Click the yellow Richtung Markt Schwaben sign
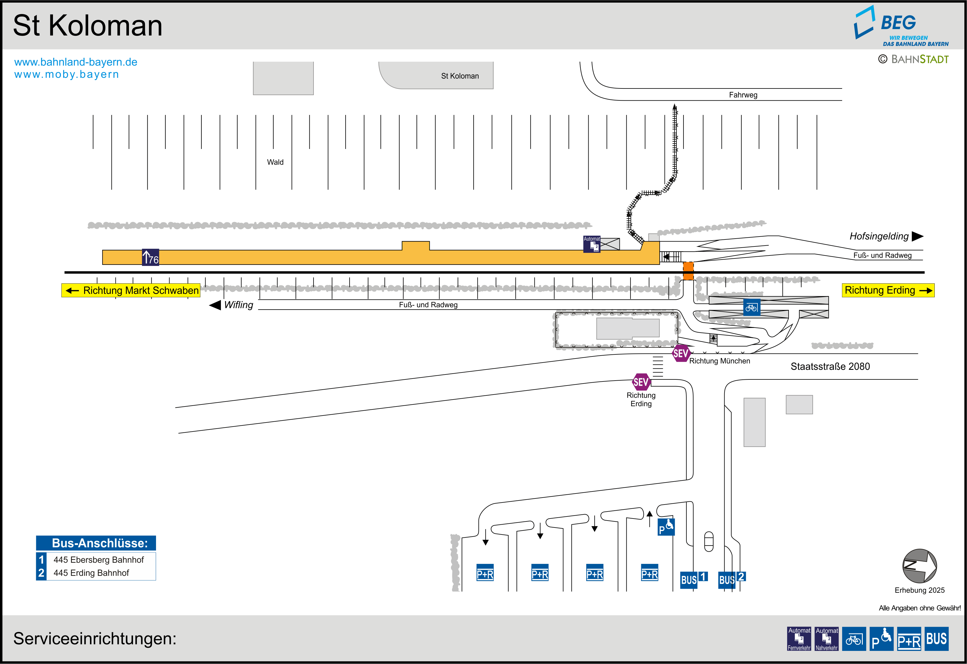pyautogui.click(x=131, y=290)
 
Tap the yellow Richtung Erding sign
pyautogui.click(x=888, y=290)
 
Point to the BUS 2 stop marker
pyautogui.click(x=731, y=579)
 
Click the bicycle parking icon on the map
pyautogui.click(x=752, y=308)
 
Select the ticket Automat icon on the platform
pyautogui.click(x=592, y=244)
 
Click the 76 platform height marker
pyautogui.click(x=150, y=258)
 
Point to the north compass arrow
pyautogui.click(x=919, y=566)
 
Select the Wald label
pyautogui.click(x=275, y=162)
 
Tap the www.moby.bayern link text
pyautogui.click(x=67, y=74)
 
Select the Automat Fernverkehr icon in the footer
pyautogui.click(x=799, y=639)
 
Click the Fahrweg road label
pyautogui.click(x=743, y=95)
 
